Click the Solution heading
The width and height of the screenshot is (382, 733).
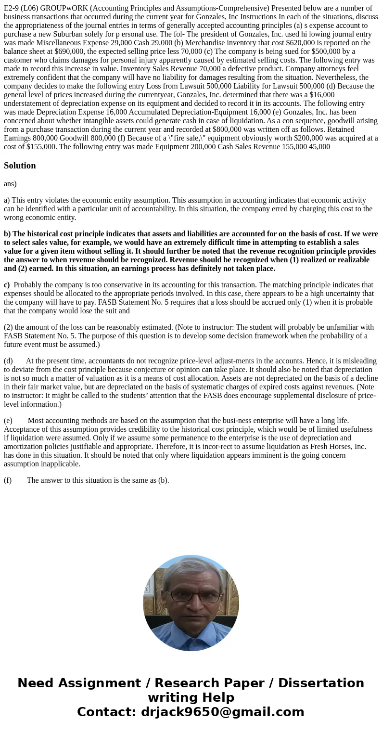coord(20,166)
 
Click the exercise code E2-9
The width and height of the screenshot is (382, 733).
coord(13,8)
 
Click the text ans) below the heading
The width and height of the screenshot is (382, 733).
coord(10,183)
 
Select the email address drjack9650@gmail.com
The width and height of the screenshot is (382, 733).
coord(222,712)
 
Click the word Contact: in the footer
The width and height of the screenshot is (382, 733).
coord(107,712)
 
